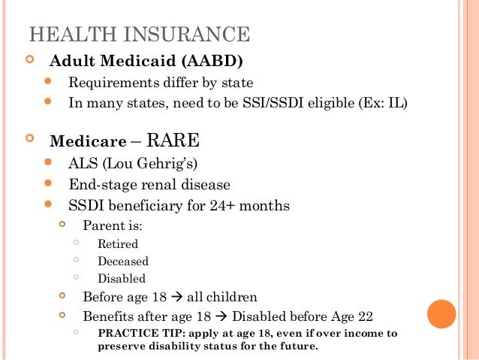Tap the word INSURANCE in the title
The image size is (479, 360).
pyautogui.click(x=183, y=35)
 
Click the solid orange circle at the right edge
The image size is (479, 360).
pyautogui.click(x=441, y=314)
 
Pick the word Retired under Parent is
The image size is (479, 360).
pyautogui.click(x=118, y=244)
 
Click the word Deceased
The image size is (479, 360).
pyautogui.click(x=123, y=262)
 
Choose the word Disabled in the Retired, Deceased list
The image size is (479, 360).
pyautogui.click(x=122, y=279)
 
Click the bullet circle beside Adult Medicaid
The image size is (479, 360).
pyautogui.click(x=29, y=59)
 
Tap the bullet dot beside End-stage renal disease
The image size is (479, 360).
pyautogui.click(x=49, y=183)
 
